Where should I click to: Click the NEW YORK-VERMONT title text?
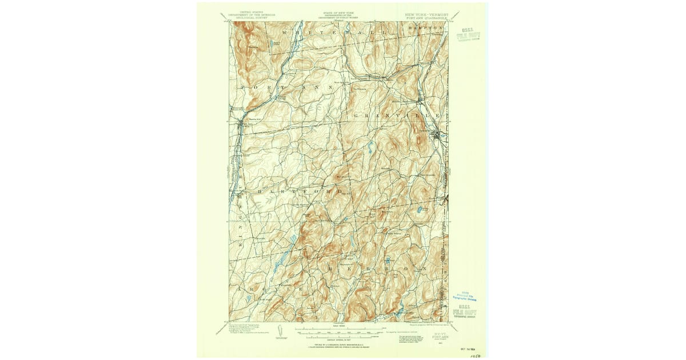click(x=426, y=13)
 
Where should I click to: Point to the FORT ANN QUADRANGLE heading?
click(x=426, y=17)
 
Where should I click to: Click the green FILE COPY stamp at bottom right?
click(x=464, y=313)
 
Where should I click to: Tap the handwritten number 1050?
click(x=475, y=355)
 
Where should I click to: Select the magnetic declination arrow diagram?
click(x=278, y=331)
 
